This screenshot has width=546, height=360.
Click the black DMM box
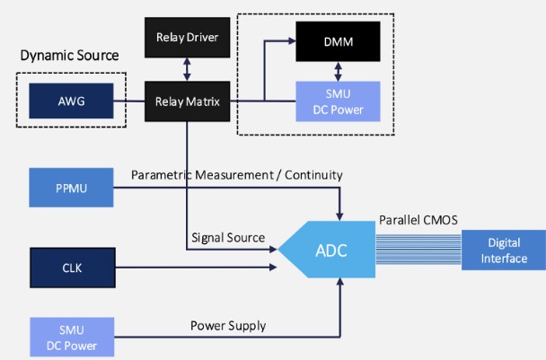pyautogui.click(x=339, y=40)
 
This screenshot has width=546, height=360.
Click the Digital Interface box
pyautogui.click(x=503, y=250)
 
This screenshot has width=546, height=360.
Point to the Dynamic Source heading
pyautogui.click(x=69, y=56)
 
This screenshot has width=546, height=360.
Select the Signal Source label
pyautogui.click(x=227, y=239)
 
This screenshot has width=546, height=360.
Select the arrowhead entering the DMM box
pyautogui.click(x=291, y=41)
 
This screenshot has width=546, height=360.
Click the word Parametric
pyautogui.click(x=161, y=173)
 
